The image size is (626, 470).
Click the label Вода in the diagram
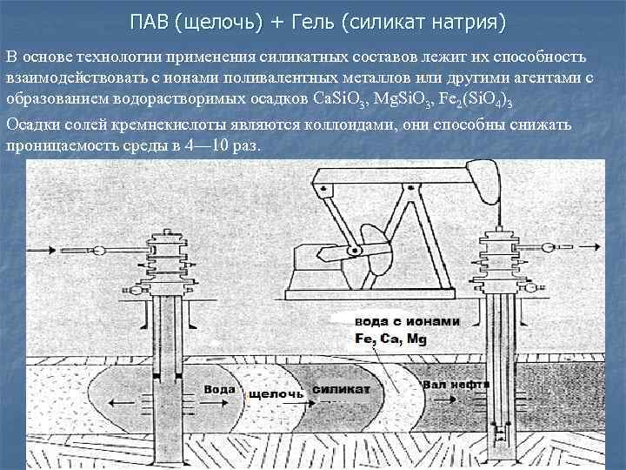pos(219,389)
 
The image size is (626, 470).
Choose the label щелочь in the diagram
pos(276,394)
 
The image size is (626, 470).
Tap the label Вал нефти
pos(456,383)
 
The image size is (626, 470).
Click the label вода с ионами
pos(408,320)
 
